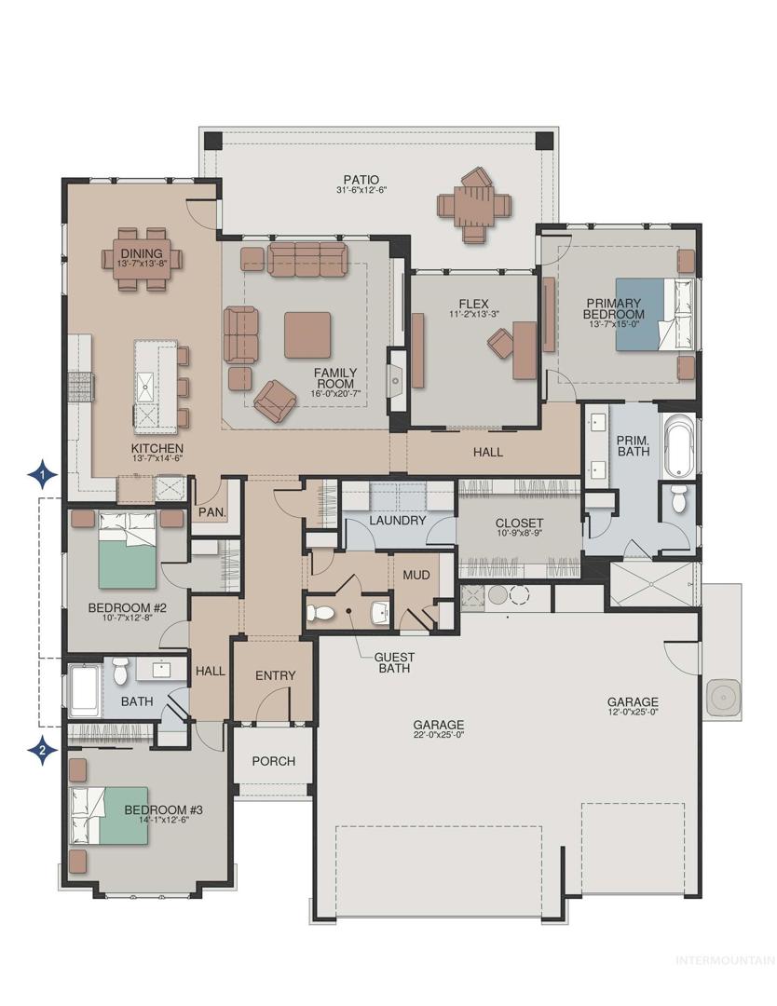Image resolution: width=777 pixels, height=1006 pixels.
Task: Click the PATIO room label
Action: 361,180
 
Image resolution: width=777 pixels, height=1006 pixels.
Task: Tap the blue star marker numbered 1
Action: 42,475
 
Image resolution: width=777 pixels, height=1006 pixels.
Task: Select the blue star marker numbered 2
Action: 42,748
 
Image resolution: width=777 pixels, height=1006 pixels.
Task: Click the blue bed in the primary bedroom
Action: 654,314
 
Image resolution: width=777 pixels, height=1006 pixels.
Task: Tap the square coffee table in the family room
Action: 307,335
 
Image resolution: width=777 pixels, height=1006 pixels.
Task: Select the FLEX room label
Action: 473,304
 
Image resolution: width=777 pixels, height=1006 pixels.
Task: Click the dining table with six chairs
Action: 142,259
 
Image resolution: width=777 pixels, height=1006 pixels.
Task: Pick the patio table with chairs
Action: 475,205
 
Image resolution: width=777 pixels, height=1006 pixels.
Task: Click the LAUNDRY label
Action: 397,521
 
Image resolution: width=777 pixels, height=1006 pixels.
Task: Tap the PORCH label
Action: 273,761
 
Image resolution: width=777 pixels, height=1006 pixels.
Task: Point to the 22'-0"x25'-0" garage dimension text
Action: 439,735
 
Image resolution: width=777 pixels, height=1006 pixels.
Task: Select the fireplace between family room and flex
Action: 396,380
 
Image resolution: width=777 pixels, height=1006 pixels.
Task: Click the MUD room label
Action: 416,575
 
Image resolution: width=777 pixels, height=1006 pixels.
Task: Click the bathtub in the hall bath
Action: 84,691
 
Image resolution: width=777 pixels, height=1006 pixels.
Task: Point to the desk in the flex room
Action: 524,349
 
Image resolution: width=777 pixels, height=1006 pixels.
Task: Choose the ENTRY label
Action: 275,675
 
